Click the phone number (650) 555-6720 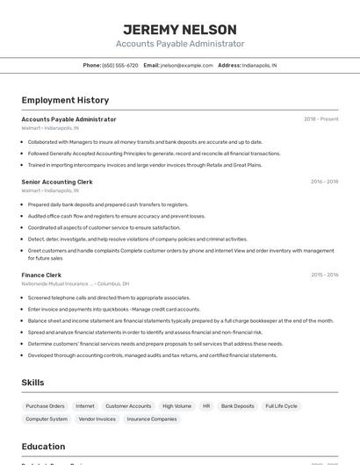click(x=120, y=65)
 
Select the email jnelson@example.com click(x=187, y=65)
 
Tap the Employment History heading click(x=65, y=100)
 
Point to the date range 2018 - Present click(x=320, y=118)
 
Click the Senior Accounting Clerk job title click(x=57, y=182)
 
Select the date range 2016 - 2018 click(x=324, y=182)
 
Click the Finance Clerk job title click(x=41, y=275)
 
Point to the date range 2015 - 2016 click(x=324, y=275)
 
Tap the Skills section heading click(x=32, y=383)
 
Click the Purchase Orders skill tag click(x=45, y=406)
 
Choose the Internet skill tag click(x=85, y=406)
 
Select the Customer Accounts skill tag click(x=128, y=406)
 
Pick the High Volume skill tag click(x=176, y=406)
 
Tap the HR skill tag click(x=206, y=406)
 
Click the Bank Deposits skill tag click(x=237, y=406)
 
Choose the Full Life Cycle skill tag click(x=281, y=406)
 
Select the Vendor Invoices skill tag click(x=97, y=419)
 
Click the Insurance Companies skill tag click(x=152, y=419)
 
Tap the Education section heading click(x=43, y=446)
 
